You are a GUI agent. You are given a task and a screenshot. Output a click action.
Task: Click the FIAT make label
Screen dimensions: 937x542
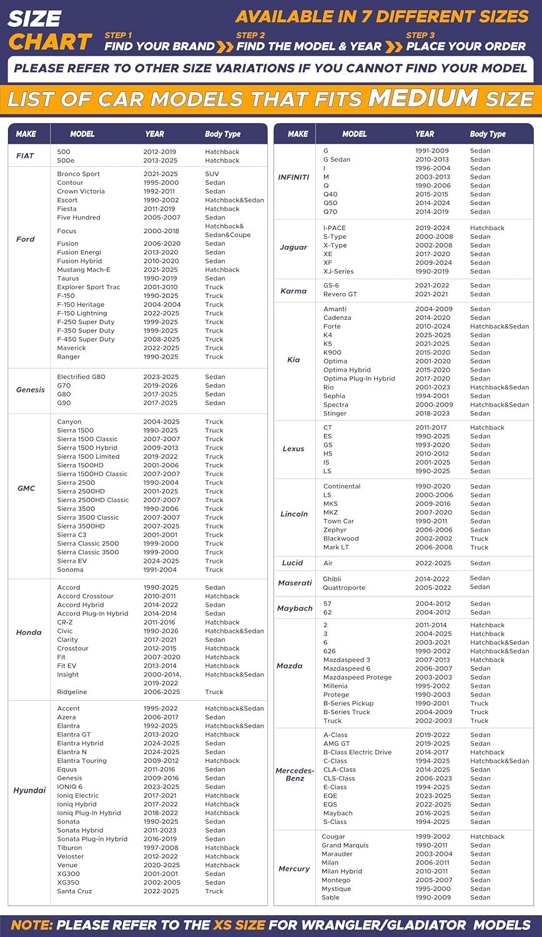pos(25,156)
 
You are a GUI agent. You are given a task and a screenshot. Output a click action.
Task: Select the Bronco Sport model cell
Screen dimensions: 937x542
pos(78,174)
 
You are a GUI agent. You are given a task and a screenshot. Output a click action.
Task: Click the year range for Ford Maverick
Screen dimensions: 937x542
pos(160,348)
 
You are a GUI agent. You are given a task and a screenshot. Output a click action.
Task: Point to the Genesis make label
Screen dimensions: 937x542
pos(31,390)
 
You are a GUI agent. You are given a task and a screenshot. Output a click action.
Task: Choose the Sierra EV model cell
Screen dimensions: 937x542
pos(72,561)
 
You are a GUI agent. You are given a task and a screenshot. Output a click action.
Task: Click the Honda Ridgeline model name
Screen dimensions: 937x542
pos(72,692)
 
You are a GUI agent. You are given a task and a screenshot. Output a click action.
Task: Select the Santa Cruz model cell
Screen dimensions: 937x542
pos(74,891)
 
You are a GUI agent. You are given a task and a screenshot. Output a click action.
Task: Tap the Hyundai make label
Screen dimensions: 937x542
pos(29,790)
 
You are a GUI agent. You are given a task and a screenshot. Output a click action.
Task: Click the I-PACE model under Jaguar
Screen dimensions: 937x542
pos(335,228)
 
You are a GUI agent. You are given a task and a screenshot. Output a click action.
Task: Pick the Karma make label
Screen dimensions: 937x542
pos(293,290)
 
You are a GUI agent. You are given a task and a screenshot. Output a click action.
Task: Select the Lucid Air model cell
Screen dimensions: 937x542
pos(328,563)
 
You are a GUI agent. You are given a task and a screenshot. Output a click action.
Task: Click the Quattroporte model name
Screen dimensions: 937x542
pos(344,588)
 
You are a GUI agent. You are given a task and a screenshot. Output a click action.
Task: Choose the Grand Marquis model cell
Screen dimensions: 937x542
pos(345,845)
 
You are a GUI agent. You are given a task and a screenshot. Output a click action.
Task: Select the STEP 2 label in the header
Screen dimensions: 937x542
pos(250,35)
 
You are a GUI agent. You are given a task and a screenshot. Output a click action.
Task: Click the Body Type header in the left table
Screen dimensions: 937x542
pos(222,134)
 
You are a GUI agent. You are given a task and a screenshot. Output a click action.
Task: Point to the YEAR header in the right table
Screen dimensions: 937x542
pos(425,134)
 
